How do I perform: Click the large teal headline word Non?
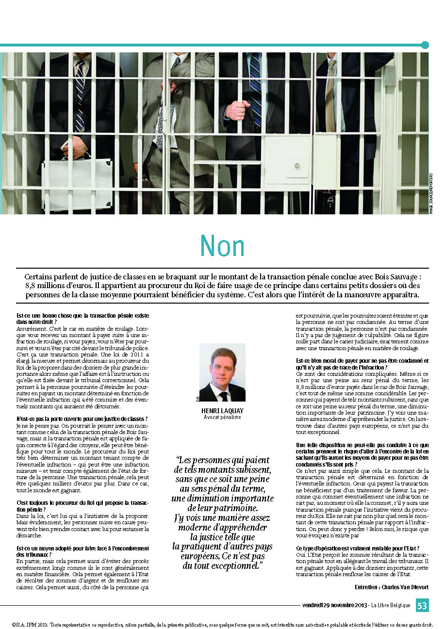(x=222, y=246)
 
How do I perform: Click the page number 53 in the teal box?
(x=422, y=605)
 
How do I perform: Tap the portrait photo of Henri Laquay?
(x=222, y=372)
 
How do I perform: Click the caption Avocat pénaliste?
(x=222, y=417)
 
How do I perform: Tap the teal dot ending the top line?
(x=425, y=45)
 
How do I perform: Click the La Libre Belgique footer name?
(x=391, y=605)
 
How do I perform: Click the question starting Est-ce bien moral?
(x=362, y=364)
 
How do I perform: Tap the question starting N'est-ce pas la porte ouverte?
(x=82, y=419)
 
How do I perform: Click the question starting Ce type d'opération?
(x=358, y=548)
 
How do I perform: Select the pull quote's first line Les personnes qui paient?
(x=223, y=460)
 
